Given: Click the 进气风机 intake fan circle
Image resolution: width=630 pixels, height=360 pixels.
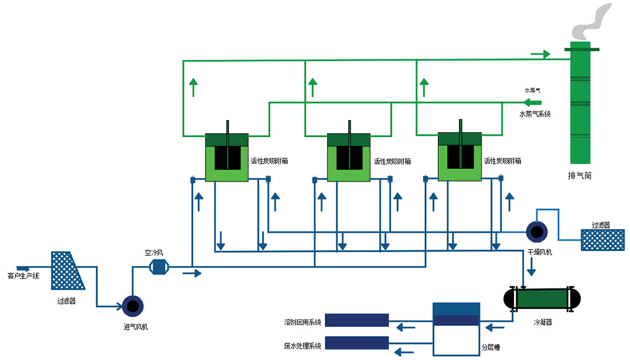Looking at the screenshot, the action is (133, 306).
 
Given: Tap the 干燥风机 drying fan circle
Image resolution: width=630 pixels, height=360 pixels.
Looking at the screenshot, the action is (537, 232).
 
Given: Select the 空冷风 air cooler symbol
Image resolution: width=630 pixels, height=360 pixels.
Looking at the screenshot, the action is (159, 267).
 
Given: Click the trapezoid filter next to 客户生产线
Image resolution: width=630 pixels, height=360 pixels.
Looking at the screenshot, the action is (67, 271).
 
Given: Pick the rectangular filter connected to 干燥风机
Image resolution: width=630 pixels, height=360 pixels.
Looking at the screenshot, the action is (603, 240).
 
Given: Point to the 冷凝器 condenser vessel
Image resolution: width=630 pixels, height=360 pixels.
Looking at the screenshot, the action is (542, 299).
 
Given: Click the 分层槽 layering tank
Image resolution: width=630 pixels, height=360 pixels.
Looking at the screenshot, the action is (456, 329).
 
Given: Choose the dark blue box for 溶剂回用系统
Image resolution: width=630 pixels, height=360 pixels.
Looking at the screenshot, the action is (357, 321).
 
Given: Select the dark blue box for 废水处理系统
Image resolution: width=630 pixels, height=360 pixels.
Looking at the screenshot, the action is (357, 343).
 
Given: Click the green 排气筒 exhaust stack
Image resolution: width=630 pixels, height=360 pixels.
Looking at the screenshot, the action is (581, 103).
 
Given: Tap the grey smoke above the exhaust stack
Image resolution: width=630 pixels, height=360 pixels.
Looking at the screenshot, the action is (592, 21).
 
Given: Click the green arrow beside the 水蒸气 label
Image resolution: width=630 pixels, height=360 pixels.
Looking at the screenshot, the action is (533, 102).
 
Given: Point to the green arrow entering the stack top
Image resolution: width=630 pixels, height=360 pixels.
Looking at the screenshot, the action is (541, 54).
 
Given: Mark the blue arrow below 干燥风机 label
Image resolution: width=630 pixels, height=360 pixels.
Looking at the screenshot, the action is (531, 267).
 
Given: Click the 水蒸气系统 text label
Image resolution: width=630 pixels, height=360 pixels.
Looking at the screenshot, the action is (535, 114).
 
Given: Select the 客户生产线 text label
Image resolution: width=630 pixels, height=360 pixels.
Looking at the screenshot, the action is (23, 276).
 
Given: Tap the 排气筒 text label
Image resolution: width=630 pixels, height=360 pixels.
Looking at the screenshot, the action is (580, 175).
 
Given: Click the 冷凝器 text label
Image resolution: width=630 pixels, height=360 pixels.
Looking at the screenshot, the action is (542, 322).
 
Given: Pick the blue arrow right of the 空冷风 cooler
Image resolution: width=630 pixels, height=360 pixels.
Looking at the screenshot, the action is (192, 274).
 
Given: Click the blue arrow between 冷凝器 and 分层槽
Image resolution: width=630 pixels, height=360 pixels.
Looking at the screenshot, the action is (495, 328).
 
